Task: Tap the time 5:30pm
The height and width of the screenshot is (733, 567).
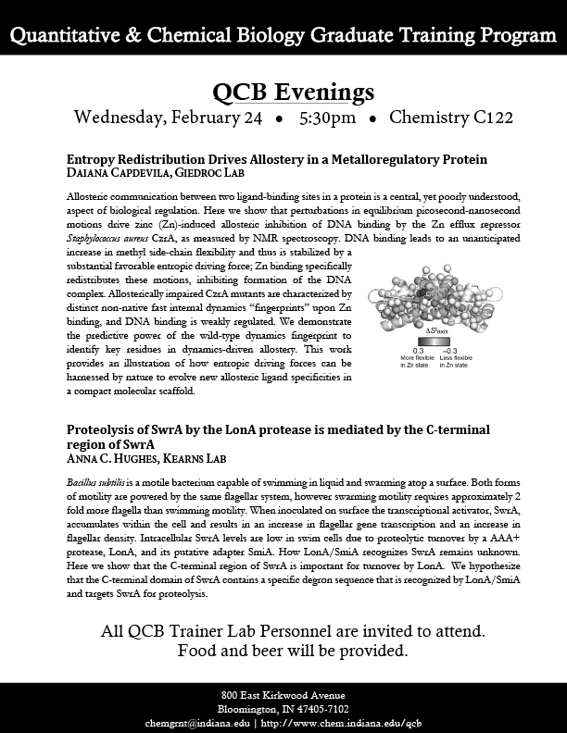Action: [326, 118]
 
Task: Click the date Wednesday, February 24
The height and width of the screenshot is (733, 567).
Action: [167, 118]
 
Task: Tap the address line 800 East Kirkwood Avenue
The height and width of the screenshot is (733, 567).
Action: [283, 694]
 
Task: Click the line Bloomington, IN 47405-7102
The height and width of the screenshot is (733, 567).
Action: [283, 708]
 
